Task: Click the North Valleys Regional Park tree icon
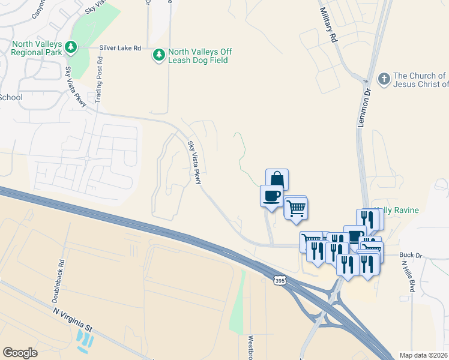pyautogui.click(x=71, y=46)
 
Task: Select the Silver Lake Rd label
pyautogui.click(x=121, y=47)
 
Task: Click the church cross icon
pyautogui.click(x=384, y=79)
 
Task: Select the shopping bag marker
pyautogui.click(x=277, y=179)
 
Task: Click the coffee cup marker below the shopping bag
pyautogui.click(x=271, y=196)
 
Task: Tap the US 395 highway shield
pyautogui.click(x=279, y=280)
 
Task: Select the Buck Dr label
pyautogui.click(x=410, y=255)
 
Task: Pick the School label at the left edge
pyautogui.click(x=11, y=97)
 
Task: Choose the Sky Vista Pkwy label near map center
pyautogui.click(x=194, y=162)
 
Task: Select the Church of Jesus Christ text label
pyautogui.click(x=420, y=80)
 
